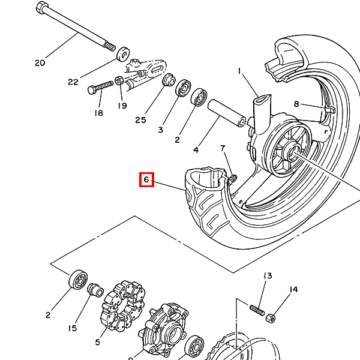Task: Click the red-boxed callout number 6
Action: pyautogui.click(x=147, y=179)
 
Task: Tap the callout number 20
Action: pyautogui.click(x=40, y=62)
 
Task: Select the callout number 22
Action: pyautogui.click(x=73, y=82)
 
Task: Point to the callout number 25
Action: pyautogui.click(x=140, y=120)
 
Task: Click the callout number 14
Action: pyautogui.click(x=293, y=290)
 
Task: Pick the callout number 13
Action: pyautogui.click(x=267, y=275)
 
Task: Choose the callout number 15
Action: pyautogui.click(x=73, y=328)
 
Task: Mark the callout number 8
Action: pyautogui.click(x=296, y=104)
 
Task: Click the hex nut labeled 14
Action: pyautogui.click(x=271, y=316)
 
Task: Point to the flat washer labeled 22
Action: pyautogui.click(x=122, y=54)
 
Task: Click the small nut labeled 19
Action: pyautogui.click(x=119, y=80)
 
